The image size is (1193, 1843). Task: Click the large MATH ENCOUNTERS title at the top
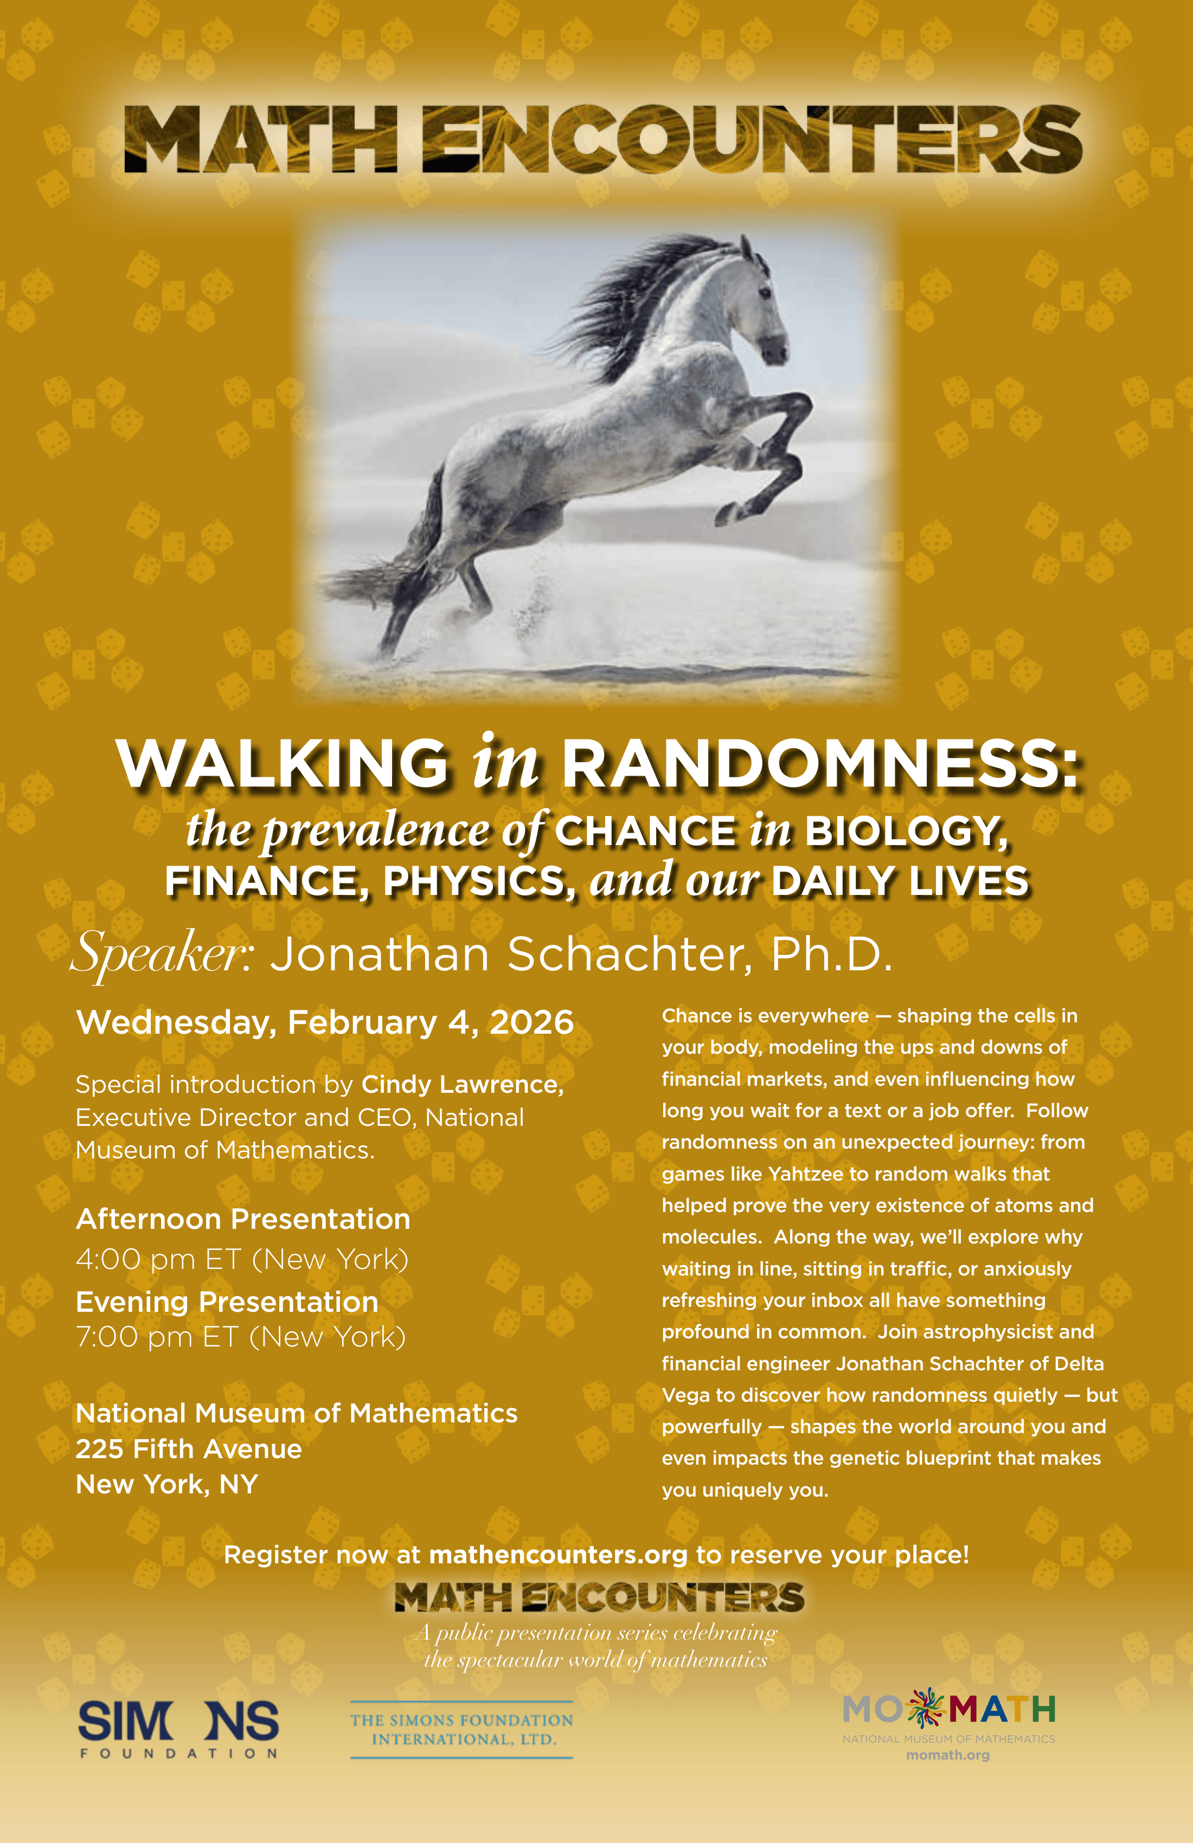pyautogui.click(x=602, y=139)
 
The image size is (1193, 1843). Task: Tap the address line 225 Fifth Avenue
pyautogui.click(x=188, y=1449)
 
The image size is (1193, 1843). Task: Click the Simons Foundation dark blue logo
pyautogui.click(x=178, y=1729)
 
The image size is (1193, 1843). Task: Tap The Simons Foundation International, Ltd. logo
pyautogui.click(x=461, y=1729)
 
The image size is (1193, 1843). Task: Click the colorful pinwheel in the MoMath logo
pyautogui.click(x=926, y=1708)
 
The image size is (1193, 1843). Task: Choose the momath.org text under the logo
pyautogui.click(x=948, y=1756)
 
